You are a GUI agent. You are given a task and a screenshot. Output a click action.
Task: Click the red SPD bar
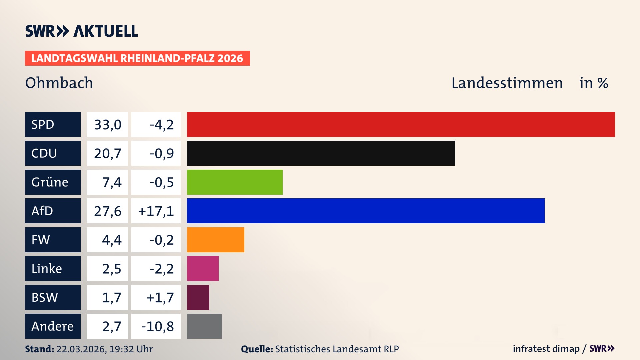pos(401,124)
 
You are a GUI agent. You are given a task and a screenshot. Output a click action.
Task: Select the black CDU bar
pos(321,153)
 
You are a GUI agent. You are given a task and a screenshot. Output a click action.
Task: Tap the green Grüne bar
pos(235,182)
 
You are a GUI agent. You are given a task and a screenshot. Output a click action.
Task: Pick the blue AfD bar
pos(366,211)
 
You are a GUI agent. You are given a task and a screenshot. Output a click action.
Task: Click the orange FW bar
pos(215,240)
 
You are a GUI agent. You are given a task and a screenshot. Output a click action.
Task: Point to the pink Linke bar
pos(203,269)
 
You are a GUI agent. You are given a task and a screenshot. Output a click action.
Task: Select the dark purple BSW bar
pos(198,297)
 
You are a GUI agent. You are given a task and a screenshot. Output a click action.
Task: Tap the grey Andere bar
pos(204,326)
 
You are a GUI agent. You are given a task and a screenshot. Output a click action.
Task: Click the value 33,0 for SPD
pos(107,125)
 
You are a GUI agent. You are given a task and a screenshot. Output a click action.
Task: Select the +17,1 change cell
pos(156,211)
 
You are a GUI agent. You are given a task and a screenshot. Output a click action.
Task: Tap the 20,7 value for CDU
pos(107,153)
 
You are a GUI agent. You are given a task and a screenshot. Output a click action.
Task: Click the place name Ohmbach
pos(59,83)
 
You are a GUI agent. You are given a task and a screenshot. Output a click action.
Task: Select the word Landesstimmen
pos(507,83)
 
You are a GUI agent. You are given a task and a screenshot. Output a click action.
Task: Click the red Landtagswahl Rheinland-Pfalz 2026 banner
pos(137,58)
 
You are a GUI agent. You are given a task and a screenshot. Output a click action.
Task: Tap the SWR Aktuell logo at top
pos(82,31)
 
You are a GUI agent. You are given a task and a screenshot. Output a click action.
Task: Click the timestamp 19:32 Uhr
pos(131,349)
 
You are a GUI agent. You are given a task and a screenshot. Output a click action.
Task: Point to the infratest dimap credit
pos(546,349)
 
